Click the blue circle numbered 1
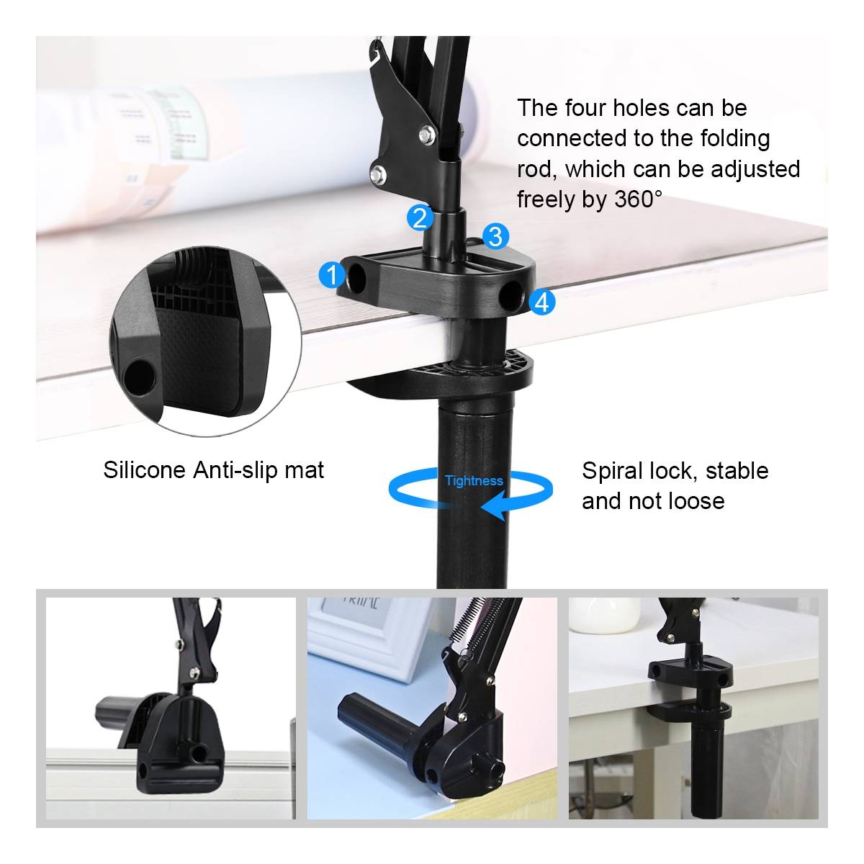(332, 275)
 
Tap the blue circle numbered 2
(420, 218)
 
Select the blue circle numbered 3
(495, 236)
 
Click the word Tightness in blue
(474, 481)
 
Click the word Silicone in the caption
(145, 470)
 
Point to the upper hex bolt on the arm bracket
(426, 134)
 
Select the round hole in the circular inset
(140, 377)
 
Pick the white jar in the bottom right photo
(604, 615)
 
